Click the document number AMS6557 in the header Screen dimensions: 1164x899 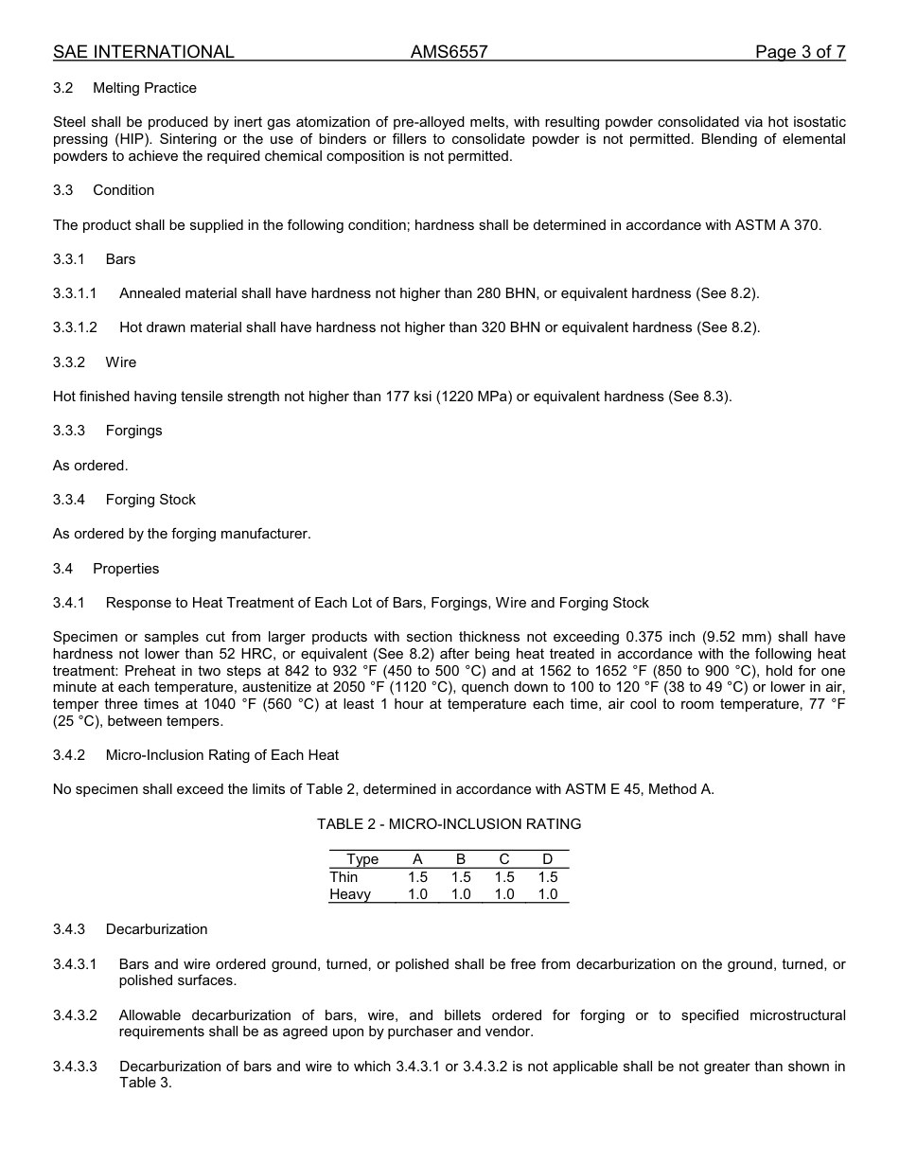click(x=449, y=52)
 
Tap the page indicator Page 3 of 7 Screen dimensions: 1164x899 click(x=800, y=52)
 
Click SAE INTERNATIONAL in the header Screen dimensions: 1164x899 click(x=143, y=52)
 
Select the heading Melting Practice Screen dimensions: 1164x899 click(x=145, y=88)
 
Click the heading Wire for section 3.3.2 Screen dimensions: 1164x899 click(x=120, y=362)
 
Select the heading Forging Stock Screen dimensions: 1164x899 click(x=150, y=500)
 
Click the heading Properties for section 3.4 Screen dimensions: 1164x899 click(x=126, y=569)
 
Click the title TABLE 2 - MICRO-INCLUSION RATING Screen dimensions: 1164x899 click(x=449, y=824)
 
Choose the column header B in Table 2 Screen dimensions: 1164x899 click(x=461, y=859)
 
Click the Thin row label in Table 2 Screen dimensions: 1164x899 click(x=344, y=877)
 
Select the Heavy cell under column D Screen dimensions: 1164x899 click(x=548, y=894)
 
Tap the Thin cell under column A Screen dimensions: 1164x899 click(x=417, y=877)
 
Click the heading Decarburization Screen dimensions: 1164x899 click(x=156, y=929)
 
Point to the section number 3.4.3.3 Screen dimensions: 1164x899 click(x=75, y=1067)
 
